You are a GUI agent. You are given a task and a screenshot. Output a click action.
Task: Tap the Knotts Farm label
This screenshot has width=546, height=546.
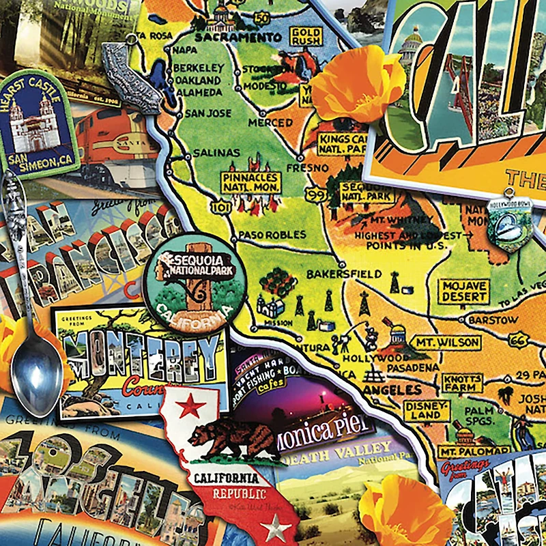click(462, 383)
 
